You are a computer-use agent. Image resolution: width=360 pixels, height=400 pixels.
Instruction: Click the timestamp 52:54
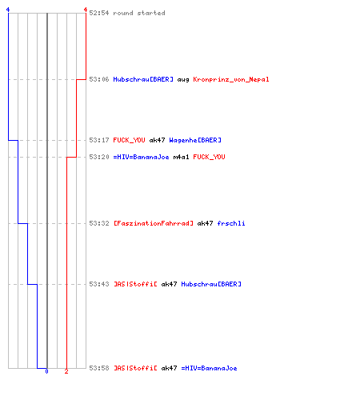pyautogui.click(x=99, y=13)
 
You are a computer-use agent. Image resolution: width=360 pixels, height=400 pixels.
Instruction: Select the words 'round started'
pyautogui.click(x=139, y=13)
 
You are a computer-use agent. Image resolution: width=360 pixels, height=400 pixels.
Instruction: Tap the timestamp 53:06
pyautogui.click(x=99, y=79)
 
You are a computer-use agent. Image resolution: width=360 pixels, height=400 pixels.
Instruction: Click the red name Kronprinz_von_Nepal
pyautogui.click(x=231, y=79)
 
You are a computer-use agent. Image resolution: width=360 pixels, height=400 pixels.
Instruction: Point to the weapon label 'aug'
pyautogui.click(x=183, y=80)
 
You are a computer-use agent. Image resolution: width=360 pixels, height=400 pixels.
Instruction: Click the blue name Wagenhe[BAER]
pyautogui.click(x=195, y=140)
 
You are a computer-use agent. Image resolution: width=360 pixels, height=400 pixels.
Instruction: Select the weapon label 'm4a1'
pyautogui.click(x=181, y=157)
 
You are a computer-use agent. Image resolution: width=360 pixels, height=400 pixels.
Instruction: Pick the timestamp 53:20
pyautogui.click(x=99, y=157)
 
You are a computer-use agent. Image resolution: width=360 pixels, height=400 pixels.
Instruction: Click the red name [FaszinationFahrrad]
pyautogui.click(x=154, y=223)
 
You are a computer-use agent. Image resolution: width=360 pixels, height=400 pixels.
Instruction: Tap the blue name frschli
pyautogui.click(x=231, y=223)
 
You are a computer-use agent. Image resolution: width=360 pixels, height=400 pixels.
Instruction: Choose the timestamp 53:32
pyautogui.click(x=99, y=223)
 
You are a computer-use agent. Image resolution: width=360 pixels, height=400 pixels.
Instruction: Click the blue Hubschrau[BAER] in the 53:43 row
pyautogui.click(x=211, y=284)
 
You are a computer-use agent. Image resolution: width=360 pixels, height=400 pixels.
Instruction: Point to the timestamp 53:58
pyautogui.click(x=99, y=368)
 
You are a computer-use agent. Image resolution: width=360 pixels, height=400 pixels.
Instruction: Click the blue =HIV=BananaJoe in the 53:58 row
pyautogui.click(x=209, y=368)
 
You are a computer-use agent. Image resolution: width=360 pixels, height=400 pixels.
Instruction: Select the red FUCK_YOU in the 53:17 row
pyautogui.click(x=129, y=140)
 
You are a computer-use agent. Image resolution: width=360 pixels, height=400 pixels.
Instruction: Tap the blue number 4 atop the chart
pyautogui.click(x=8, y=10)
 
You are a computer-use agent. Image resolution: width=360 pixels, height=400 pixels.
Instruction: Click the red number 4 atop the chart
pyautogui.click(x=86, y=10)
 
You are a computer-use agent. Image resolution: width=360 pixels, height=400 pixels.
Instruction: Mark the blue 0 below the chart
pyautogui.click(x=46, y=371)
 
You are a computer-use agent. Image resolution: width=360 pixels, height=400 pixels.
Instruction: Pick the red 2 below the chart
pyautogui.click(x=66, y=371)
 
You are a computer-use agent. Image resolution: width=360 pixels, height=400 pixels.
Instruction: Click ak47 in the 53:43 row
pyautogui.click(x=169, y=284)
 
